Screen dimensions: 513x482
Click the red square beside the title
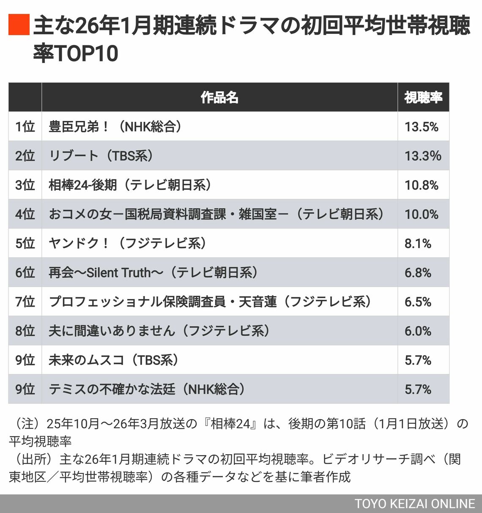tap(19, 25)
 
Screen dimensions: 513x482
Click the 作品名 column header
tap(219, 97)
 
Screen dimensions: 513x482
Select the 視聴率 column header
tap(423, 97)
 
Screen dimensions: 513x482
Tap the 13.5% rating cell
tap(421, 127)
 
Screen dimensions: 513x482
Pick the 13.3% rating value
tap(422, 156)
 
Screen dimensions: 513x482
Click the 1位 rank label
tap(25, 127)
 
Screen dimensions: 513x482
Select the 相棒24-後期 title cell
tap(130, 185)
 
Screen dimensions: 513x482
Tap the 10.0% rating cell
tap(421, 214)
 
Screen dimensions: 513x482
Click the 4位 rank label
tap(25, 214)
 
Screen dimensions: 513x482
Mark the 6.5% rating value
tap(418, 302)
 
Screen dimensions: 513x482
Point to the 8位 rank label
tap(25, 331)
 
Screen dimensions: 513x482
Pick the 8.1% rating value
tap(418, 244)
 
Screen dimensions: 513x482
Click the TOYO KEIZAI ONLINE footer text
tap(414, 504)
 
